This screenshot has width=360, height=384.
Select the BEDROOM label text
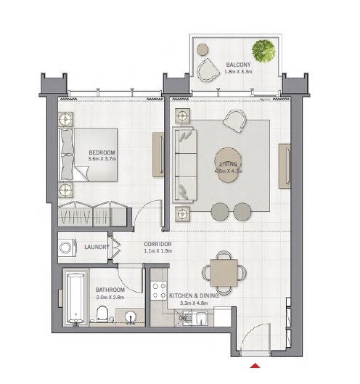[102, 152]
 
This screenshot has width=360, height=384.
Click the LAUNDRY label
[96, 248]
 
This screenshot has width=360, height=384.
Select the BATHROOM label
[110, 290]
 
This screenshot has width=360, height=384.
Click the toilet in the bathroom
[102, 314]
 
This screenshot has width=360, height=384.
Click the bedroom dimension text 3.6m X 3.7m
[102, 159]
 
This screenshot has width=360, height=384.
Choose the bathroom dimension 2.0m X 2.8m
[110, 297]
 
